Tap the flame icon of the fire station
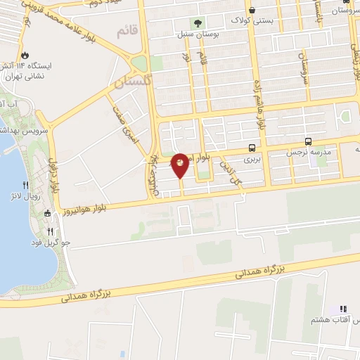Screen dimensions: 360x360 tap(26, 54)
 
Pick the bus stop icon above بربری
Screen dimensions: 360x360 tap(252, 148)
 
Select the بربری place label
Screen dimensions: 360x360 tap(252, 160)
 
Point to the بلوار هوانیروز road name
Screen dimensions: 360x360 tap(82, 210)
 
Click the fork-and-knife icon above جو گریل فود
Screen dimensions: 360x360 tap(51, 231)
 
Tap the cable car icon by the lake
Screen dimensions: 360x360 tap(48, 213)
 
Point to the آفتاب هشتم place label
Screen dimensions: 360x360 tap(332, 320)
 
